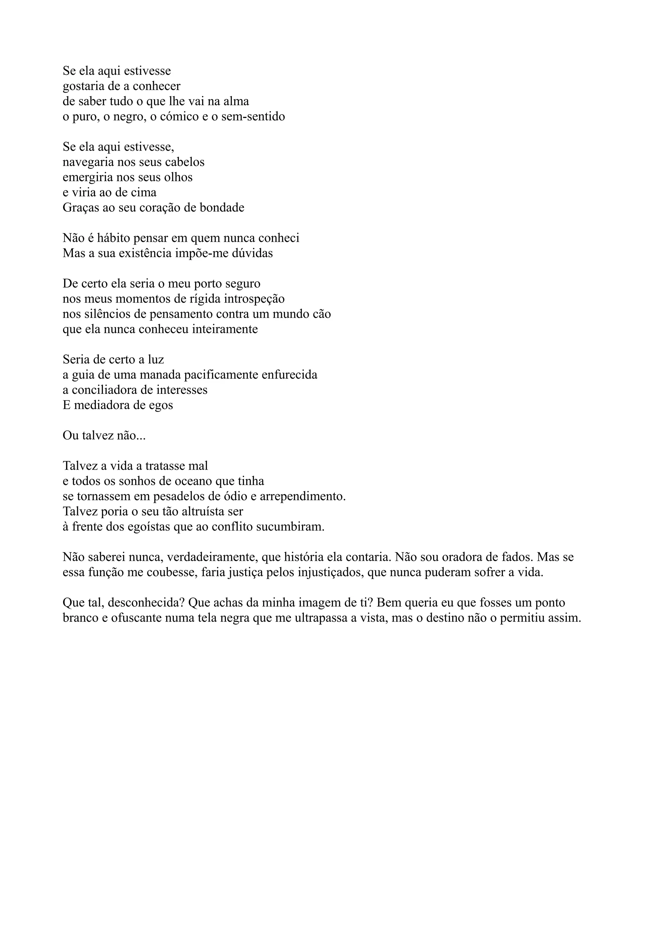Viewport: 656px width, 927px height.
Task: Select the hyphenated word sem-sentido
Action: pyautogui.click(x=253, y=117)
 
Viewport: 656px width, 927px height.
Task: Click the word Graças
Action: pyautogui.click(x=79, y=208)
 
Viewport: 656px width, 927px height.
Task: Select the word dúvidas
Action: pyautogui.click(x=254, y=254)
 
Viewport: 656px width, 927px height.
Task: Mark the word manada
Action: pyautogui.click(x=160, y=375)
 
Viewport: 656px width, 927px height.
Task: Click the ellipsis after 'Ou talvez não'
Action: pyautogui.click(x=141, y=436)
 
